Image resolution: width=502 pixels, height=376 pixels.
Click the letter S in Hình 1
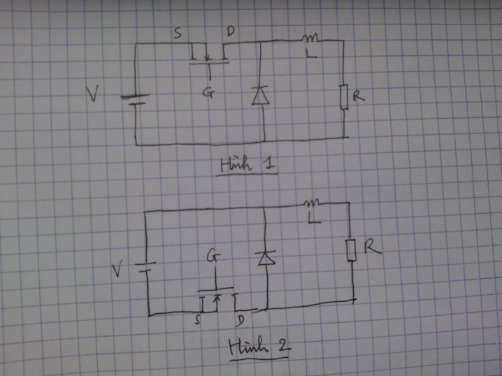(178, 33)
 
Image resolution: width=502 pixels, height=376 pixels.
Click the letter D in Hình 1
(231, 31)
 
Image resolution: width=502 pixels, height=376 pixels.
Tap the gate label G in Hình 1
(208, 92)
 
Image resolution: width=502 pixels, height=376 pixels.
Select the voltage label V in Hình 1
(92, 94)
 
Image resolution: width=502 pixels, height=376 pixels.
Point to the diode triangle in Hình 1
(260, 96)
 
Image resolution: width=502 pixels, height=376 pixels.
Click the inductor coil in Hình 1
(310, 38)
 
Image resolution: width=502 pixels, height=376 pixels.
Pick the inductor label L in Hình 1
(311, 53)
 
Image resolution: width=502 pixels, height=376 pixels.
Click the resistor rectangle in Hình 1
(344, 97)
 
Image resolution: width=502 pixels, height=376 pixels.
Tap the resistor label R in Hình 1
(359, 96)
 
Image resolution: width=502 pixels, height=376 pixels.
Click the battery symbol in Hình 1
(135, 100)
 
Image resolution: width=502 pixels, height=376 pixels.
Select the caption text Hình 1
(248, 164)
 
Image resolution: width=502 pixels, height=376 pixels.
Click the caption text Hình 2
(259, 347)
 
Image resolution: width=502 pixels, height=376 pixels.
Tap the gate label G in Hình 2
(213, 255)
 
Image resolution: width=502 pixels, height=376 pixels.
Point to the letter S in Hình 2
(198, 319)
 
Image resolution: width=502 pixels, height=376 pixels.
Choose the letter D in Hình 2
(240, 321)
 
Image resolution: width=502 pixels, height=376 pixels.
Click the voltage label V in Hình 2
(117, 270)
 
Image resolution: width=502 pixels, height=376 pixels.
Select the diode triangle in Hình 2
(266, 259)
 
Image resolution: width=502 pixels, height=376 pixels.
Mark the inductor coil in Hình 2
(312, 202)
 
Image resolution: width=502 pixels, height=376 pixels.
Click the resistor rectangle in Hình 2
(351, 250)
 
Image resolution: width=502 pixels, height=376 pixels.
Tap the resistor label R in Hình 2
(373, 247)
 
